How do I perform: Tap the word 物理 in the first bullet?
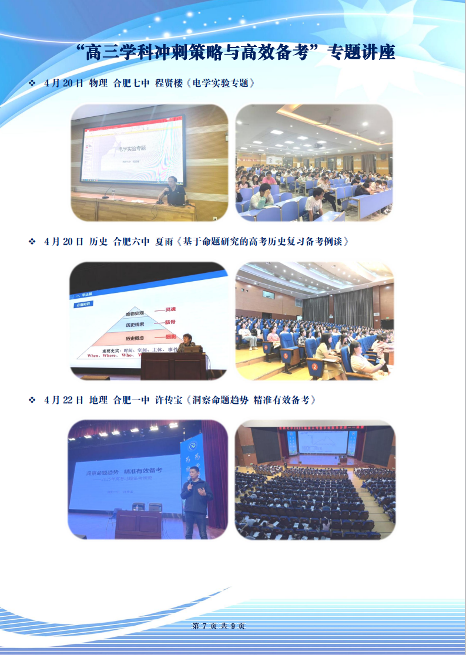tap(98, 83)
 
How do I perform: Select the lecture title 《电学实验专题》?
tap(221, 83)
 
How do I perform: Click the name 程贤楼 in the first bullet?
tap(169, 83)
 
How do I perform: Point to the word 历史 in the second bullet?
tap(98, 241)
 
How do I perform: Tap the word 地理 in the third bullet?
tap(98, 400)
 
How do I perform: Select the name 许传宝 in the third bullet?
tap(169, 400)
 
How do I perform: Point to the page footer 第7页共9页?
tap(219, 626)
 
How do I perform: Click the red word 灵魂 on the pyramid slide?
tap(170, 309)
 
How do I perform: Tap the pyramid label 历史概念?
tap(135, 339)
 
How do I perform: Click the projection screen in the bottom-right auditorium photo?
tap(322, 441)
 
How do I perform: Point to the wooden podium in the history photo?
tap(173, 365)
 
